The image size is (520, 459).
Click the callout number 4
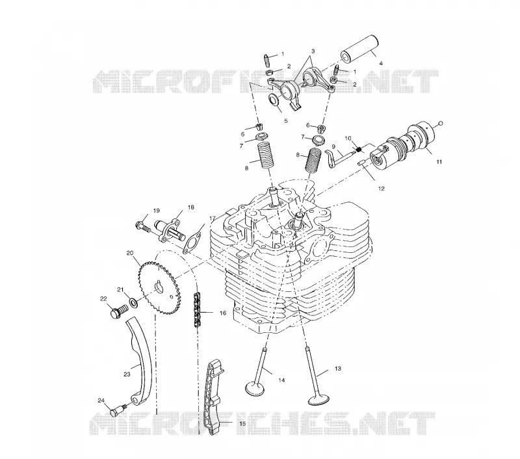[381, 63]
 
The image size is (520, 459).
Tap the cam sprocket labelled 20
[158, 288]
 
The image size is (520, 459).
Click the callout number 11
[439, 162]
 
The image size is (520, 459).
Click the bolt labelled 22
[118, 312]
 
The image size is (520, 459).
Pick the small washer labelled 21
[134, 302]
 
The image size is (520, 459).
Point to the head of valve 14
[254, 388]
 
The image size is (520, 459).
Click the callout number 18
[190, 207]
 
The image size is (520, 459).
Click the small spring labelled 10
[358, 149]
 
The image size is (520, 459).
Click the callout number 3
[313, 51]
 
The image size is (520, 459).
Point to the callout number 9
[333, 146]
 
